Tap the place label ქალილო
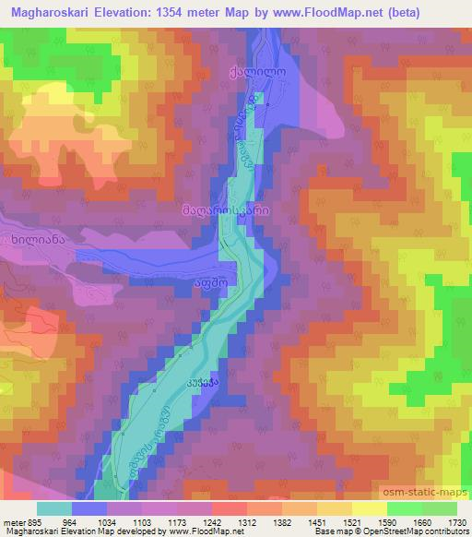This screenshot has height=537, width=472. point(252,70)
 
